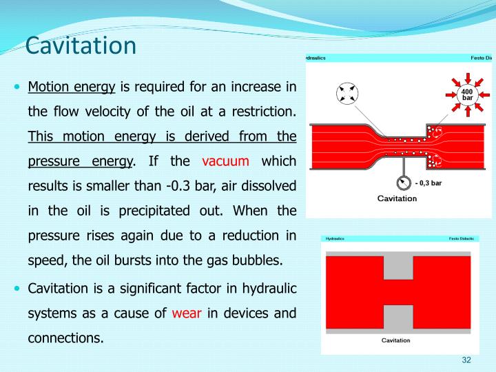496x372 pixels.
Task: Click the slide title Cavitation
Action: point(81,46)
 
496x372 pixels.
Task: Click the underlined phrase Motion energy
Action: point(72,87)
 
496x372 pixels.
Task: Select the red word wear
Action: point(186,313)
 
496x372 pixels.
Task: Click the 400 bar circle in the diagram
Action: point(466,95)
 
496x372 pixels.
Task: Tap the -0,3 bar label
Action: point(429,183)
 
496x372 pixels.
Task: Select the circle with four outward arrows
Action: point(348,94)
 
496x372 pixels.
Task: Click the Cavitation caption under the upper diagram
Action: point(397,198)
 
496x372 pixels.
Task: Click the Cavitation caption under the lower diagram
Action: point(396,340)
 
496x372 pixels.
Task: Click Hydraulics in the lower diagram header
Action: point(335,239)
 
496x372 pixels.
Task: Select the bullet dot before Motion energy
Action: point(18,87)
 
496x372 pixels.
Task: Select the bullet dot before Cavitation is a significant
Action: point(18,289)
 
